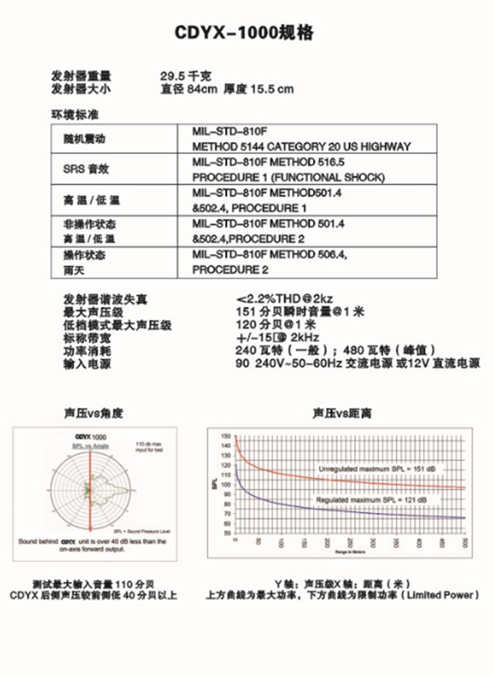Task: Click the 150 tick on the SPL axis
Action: [x=227, y=435]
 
